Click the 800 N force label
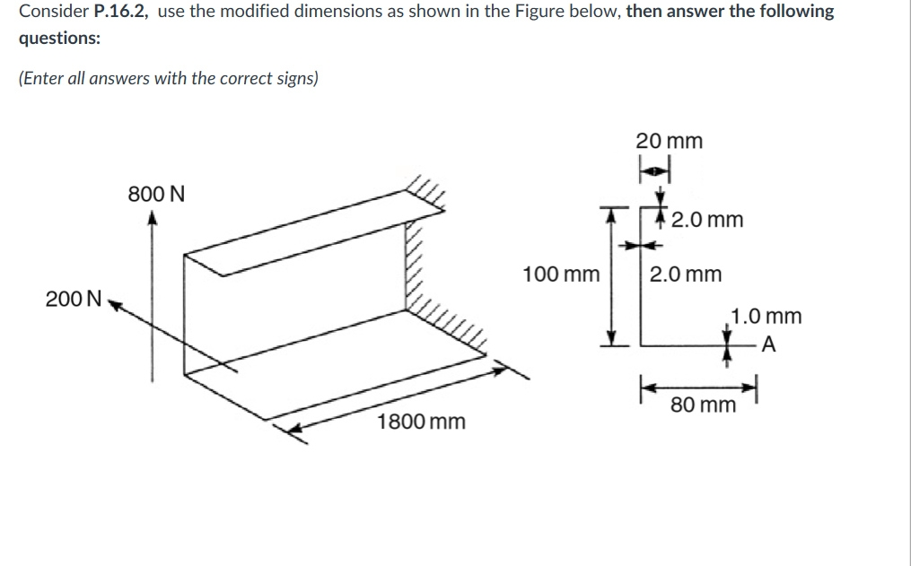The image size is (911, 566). [x=156, y=194]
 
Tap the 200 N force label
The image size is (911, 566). [x=74, y=300]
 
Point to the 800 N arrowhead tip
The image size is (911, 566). [x=153, y=215]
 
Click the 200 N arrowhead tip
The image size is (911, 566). [x=109, y=303]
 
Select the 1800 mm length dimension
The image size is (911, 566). [x=421, y=422]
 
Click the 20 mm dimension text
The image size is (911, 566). [x=670, y=141]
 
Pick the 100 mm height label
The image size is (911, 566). [x=561, y=274]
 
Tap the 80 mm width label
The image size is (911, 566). [x=704, y=405]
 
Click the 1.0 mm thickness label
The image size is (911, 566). [x=766, y=316]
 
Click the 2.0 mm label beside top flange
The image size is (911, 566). [x=707, y=220]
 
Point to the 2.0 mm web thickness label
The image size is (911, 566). [x=686, y=274]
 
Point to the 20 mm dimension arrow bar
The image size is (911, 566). [x=655, y=169]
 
